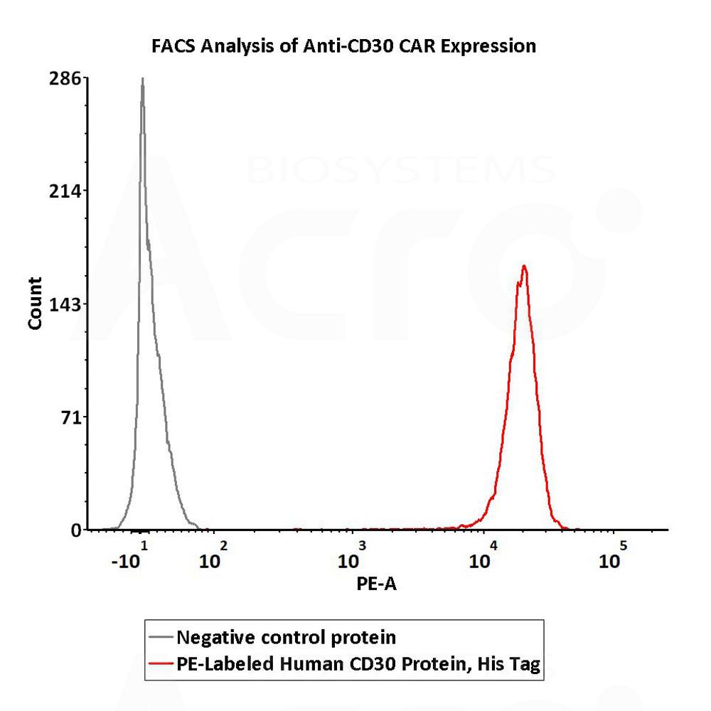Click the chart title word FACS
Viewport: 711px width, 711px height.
[173, 47]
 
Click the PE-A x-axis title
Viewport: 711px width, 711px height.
[375, 584]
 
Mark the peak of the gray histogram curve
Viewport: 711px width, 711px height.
[142, 80]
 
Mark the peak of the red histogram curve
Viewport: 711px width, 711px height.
[524, 267]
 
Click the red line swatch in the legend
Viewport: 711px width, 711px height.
[161, 665]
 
